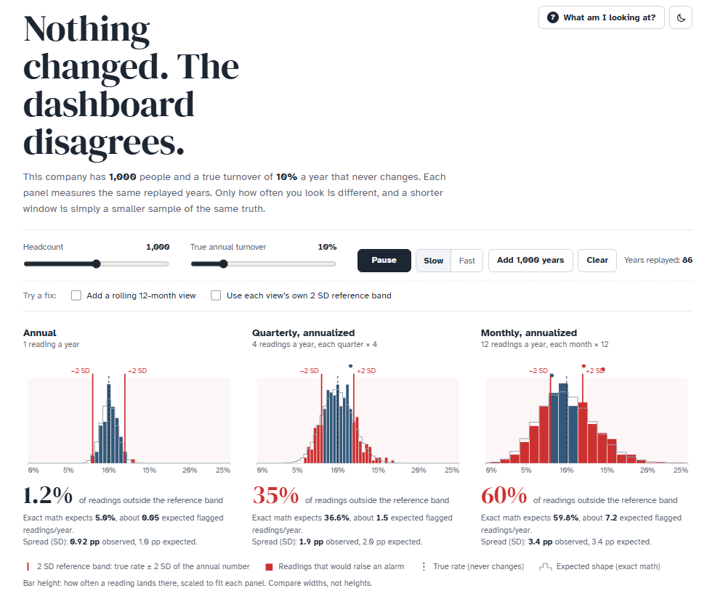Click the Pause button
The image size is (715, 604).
tap(384, 261)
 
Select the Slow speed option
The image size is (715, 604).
tap(433, 261)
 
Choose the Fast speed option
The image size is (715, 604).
tap(467, 261)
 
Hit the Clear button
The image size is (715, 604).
tap(597, 261)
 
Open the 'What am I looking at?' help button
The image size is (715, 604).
tap(601, 17)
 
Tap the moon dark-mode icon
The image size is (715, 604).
tap(681, 17)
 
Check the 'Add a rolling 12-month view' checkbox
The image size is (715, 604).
tap(76, 295)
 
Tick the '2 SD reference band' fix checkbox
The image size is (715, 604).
tap(216, 295)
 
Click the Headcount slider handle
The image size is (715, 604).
tap(96, 264)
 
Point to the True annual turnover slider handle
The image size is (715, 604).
tap(224, 264)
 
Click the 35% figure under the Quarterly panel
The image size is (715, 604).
tap(276, 495)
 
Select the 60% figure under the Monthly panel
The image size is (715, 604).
tap(504, 495)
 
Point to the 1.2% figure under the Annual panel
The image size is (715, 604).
tap(48, 495)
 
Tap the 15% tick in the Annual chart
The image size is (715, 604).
tap(149, 470)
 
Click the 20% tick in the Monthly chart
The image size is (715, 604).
tap(647, 470)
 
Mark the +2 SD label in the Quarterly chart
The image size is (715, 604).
tap(366, 371)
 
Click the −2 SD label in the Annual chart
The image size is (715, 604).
tap(80, 371)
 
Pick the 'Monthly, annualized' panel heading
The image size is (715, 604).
tap(529, 333)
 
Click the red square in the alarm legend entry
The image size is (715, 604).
tap(269, 567)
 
